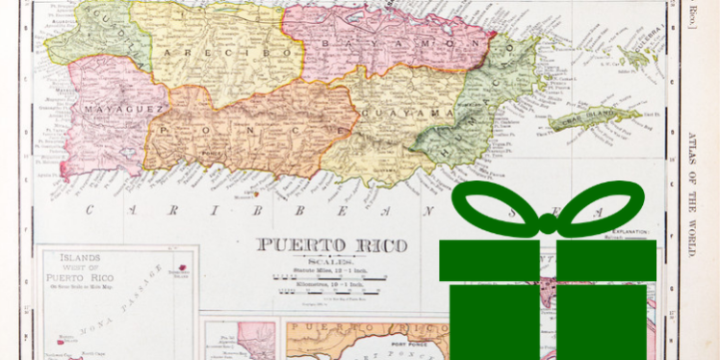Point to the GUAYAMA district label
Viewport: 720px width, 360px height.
[414, 114]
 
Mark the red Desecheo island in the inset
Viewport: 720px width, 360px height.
[179, 270]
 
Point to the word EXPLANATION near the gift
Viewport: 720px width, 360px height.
[627, 234]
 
